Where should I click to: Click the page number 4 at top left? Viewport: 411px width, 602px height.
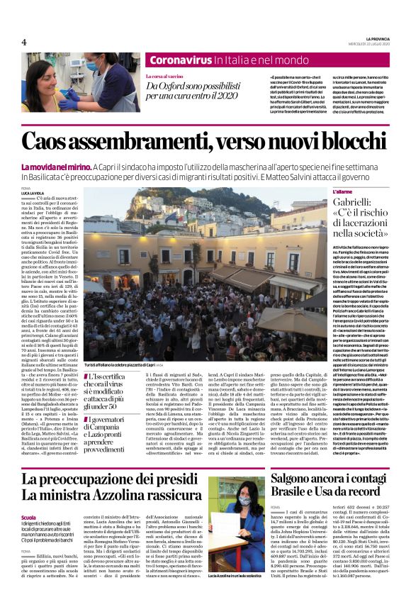tap(23, 42)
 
